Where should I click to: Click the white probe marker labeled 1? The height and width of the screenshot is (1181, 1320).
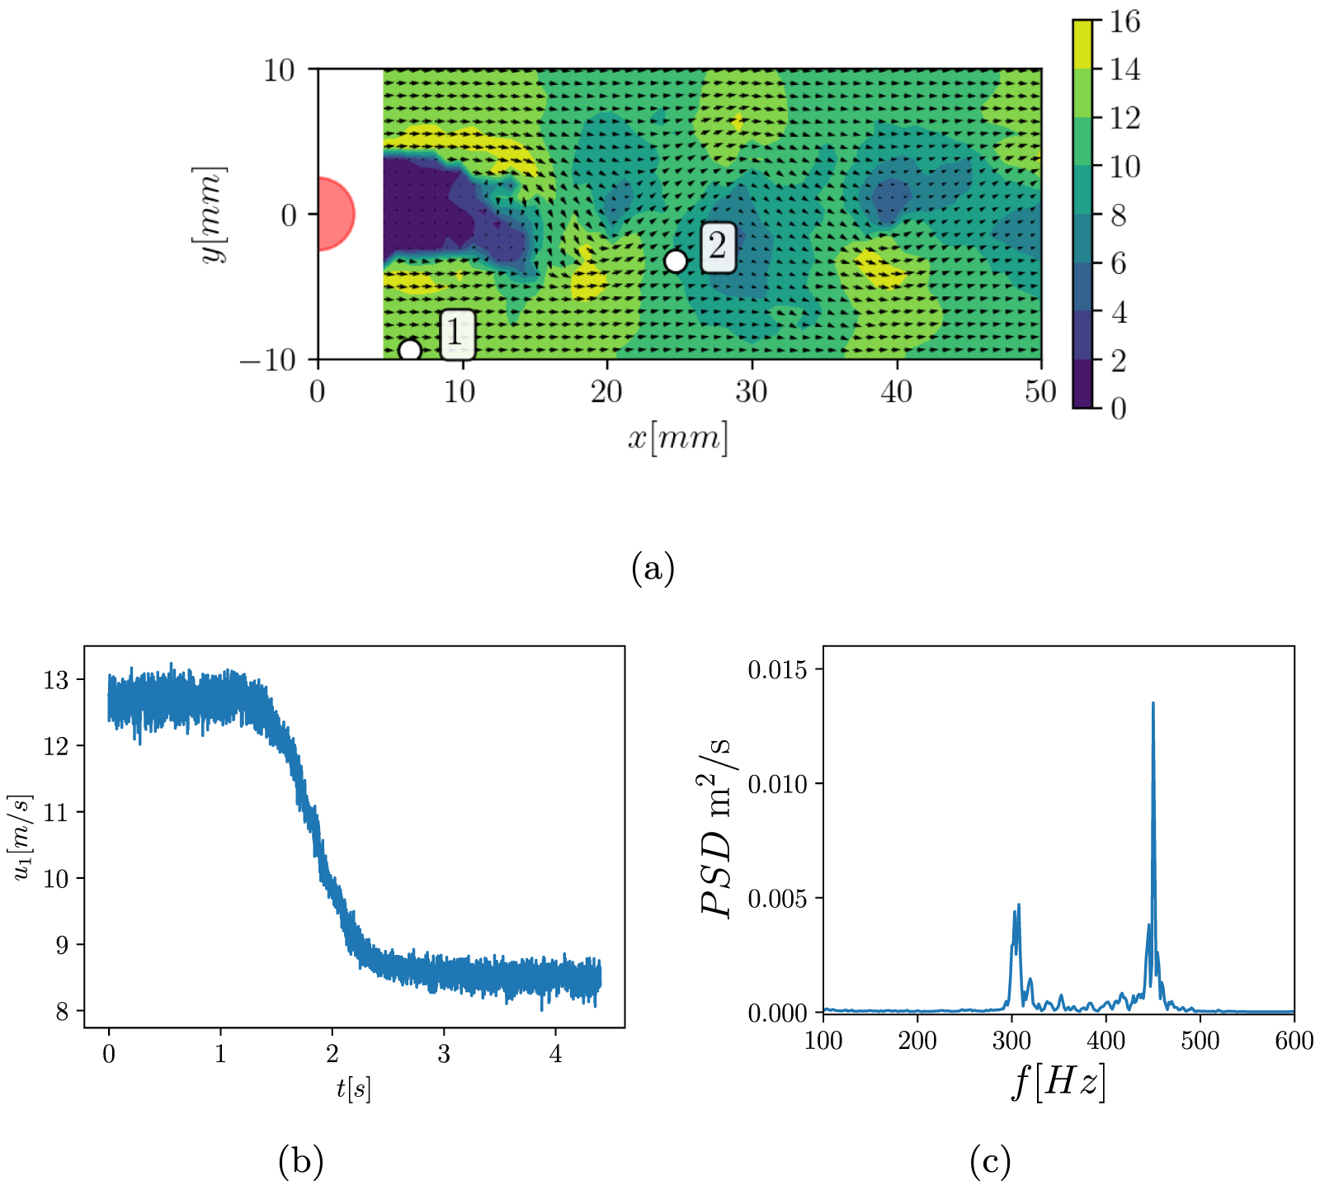(409, 350)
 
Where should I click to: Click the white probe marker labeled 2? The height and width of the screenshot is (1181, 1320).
(675, 261)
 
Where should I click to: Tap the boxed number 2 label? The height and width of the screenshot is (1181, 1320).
(718, 247)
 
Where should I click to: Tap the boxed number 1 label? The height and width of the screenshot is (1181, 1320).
(456, 333)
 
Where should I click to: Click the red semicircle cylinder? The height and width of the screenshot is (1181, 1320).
(333, 214)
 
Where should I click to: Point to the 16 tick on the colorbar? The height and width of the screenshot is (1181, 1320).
(1124, 21)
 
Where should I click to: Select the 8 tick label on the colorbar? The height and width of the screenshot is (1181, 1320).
(1118, 215)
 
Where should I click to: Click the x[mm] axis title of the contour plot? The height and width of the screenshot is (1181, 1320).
(678, 437)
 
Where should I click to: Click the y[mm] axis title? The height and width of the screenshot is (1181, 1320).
(210, 215)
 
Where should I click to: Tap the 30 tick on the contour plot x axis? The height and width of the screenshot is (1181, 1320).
(752, 391)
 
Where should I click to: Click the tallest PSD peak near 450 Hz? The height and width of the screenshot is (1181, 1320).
(1153, 704)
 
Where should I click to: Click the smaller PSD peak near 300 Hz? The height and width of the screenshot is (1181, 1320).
(1019, 905)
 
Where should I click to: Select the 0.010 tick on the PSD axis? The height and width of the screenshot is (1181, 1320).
(777, 783)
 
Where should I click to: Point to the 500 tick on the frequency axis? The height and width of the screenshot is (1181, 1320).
(1200, 1040)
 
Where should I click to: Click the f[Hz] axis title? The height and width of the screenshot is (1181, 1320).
(1058, 1081)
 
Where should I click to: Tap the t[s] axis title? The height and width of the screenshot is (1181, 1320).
(353, 1089)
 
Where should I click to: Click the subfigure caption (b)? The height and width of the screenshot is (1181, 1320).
(300, 1161)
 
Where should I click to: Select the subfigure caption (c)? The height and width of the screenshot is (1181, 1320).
(990, 1161)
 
